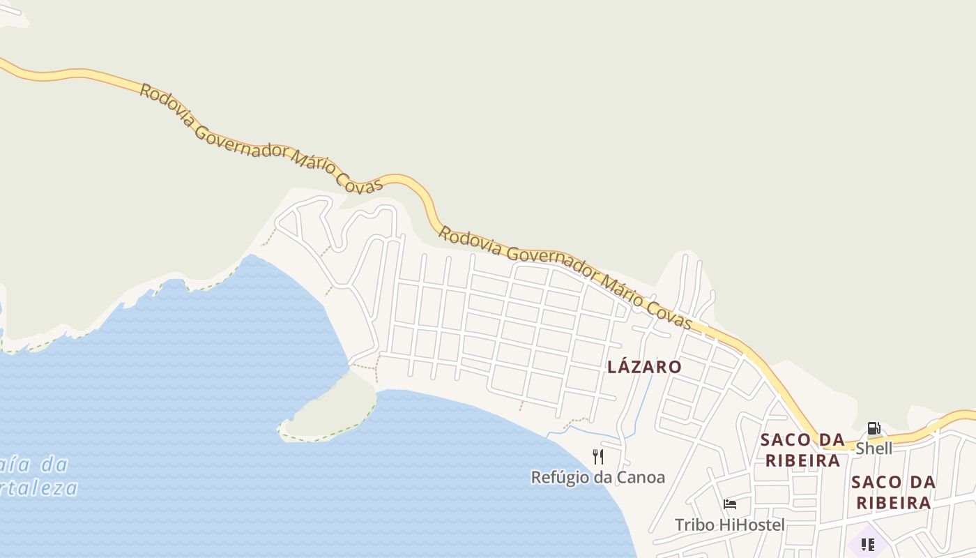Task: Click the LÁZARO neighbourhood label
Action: coord(644,367)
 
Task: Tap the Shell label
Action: coord(874,448)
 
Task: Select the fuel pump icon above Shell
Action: coord(874,428)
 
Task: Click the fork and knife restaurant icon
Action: coord(597,457)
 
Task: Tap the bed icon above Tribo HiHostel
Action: coord(729,504)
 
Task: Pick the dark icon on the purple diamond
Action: coord(867,544)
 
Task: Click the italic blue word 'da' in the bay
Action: coord(53,464)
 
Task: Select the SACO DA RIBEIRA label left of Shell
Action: coord(802,450)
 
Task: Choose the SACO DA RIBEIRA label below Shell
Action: coord(893,492)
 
